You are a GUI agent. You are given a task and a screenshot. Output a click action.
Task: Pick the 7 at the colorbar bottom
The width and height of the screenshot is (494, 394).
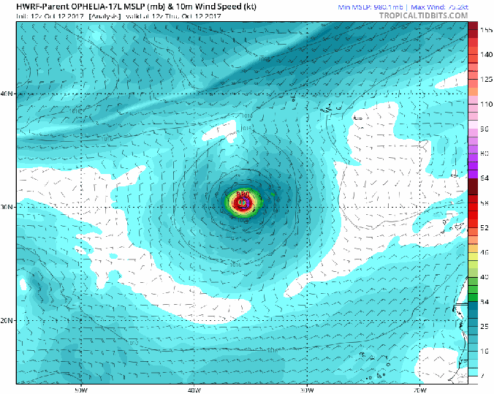(x=482, y=376)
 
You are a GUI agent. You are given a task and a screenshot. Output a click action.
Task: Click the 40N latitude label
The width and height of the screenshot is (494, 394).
(x=7, y=94)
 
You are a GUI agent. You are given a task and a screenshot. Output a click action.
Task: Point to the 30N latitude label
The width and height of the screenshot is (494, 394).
(x=7, y=207)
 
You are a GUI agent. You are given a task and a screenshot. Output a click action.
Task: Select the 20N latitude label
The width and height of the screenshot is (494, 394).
(x=7, y=320)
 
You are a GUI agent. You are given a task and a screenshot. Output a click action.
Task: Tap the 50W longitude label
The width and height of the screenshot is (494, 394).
(x=80, y=388)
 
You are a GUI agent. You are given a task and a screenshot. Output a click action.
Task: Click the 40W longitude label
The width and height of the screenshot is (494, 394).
(x=194, y=388)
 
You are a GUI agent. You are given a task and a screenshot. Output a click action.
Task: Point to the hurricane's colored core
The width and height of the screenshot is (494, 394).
(x=243, y=202)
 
